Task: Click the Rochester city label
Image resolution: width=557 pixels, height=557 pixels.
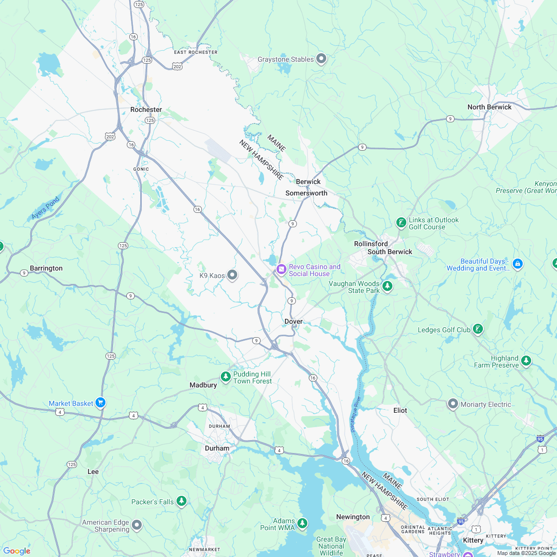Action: [x=146, y=109]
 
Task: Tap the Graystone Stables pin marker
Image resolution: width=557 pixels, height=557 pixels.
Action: [x=321, y=59]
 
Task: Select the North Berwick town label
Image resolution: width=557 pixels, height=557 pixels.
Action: [x=489, y=107]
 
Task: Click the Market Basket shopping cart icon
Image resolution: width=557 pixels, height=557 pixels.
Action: [x=101, y=402]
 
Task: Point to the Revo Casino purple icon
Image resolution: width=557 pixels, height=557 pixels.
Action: [x=281, y=270]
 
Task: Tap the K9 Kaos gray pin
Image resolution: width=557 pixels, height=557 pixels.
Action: [x=232, y=275]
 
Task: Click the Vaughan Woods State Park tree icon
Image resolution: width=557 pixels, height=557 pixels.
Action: [x=387, y=286]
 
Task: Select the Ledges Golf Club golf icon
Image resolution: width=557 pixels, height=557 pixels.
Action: [x=477, y=329]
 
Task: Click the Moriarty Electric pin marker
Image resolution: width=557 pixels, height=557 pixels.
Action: [x=453, y=404]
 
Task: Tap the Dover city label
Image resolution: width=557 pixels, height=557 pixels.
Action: [x=293, y=321]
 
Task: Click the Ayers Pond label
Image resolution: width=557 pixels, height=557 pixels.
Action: [x=45, y=208]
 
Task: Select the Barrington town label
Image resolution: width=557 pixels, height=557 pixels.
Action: [x=46, y=268]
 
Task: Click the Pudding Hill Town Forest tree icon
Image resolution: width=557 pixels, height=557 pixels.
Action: [x=226, y=377]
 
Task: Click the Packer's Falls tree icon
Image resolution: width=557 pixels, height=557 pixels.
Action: [x=182, y=501]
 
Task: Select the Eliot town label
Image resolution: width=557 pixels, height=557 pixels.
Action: [x=400, y=410]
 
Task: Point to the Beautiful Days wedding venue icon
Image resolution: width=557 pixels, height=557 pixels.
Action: [x=517, y=264]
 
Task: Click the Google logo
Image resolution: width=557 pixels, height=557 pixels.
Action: [x=16, y=551]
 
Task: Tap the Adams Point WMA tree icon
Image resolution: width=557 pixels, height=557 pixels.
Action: [x=302, y=523]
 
